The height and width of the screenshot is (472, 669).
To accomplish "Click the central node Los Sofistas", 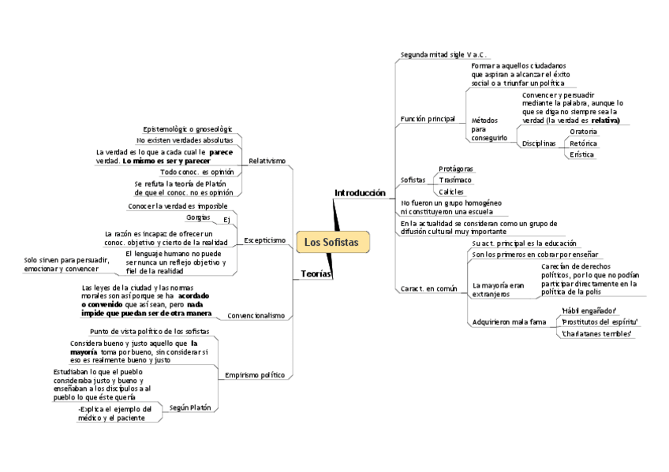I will click(x=331, y=242).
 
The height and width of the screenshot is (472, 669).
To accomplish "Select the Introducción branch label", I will click(x=360, y=193).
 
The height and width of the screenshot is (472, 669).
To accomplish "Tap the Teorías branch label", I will click(x=316, y=273).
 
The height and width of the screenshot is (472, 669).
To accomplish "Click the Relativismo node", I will click(x=267, y=161).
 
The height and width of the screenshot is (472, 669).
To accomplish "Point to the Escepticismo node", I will click(x=265, y=240).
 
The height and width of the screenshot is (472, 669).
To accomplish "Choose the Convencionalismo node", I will click(x=256, y=315).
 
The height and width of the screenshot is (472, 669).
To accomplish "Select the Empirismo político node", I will click(x=255, y=374).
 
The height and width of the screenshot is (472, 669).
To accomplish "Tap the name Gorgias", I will click(x=199, y=217).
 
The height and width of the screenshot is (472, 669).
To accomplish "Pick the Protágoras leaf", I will click(x=458, y=169).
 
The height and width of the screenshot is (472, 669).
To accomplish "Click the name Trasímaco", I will click(x=455, y=180).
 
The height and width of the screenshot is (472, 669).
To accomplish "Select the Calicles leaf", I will click(x=451, y=192).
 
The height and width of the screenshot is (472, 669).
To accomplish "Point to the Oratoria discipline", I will click(x=584, y=132).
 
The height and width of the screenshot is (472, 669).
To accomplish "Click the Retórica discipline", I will click(x=584, y=143).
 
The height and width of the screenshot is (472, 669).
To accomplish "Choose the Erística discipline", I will click(x=582, y=155).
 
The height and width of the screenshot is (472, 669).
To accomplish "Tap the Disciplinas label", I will click(x=539, y=143).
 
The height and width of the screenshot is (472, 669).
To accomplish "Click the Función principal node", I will click(x=428, y=119).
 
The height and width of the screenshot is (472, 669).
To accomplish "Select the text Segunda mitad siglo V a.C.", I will click(x=443, y=54).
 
